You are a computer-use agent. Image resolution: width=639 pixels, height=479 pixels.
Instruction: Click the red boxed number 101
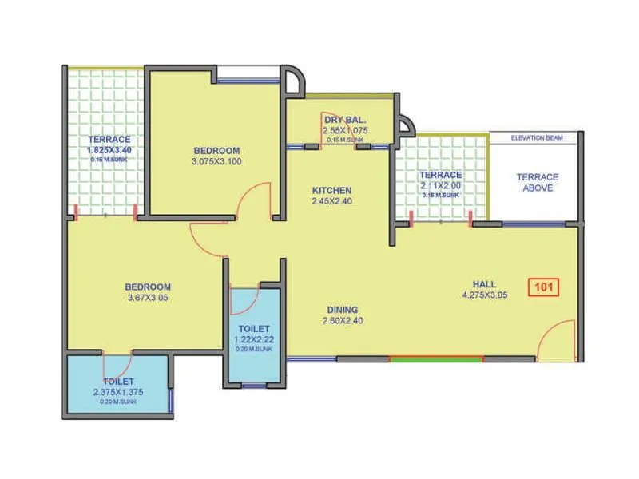click(543, 287)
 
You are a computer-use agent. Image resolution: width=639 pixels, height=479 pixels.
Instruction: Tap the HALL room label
click(484, 283)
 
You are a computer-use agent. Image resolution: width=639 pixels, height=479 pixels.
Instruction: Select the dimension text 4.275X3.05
click(484, 295)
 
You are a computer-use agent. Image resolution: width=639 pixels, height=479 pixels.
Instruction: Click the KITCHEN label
click(331, 190)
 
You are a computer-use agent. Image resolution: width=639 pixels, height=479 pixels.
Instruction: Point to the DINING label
click(342, 310)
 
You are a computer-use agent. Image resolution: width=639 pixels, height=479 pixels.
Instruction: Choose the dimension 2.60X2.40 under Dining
click(342, 321)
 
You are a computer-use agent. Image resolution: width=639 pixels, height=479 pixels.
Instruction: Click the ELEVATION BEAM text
click(536, 138)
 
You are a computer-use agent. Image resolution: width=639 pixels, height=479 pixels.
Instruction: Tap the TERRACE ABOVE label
click(537, 182)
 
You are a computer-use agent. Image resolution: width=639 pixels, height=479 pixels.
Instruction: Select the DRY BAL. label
click(344, 120)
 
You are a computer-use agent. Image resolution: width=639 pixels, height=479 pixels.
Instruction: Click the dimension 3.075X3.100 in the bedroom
click(216, 161)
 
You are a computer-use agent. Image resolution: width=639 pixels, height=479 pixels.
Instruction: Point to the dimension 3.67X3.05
click(148, 298)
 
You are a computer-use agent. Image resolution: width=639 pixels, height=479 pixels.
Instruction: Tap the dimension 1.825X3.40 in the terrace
click(109, 149)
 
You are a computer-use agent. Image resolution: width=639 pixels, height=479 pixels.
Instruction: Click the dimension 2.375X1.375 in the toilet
click(119, 392)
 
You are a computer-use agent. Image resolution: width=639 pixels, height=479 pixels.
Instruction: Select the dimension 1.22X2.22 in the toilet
click(252, 339)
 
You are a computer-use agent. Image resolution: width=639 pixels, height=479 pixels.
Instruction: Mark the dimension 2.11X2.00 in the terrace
click(440, 185)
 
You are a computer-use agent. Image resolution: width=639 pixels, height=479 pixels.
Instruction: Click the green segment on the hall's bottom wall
click(436, 359)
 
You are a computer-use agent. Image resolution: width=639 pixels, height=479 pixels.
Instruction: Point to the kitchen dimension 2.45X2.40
click(331, 201)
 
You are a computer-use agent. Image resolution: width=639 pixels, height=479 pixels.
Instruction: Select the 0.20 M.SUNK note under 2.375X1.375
click(119, 402)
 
